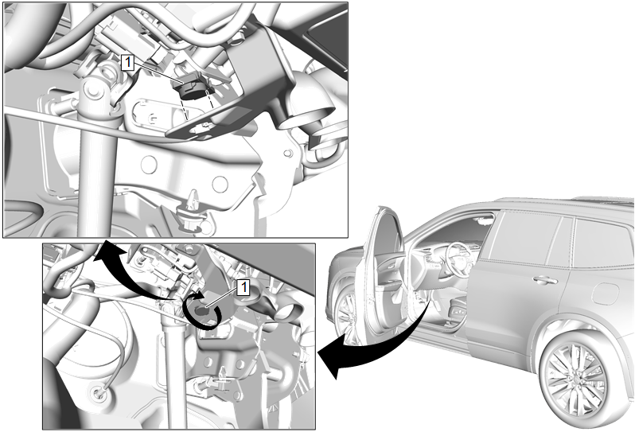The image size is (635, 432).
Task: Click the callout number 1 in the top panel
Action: pyautogui.click(x=127, y=63)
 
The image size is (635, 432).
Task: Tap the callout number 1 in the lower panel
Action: pyautogui.click(x=243, y=288)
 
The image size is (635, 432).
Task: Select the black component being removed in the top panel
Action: pyautogui.click(x=193, y=88)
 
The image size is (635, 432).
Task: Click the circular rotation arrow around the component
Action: pyautogui.click(x=201, y=312)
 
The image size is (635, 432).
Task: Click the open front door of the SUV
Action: pyautogui.click(x=383, y=275)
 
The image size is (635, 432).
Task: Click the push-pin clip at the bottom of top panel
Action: pyautogui.click(x=193, y=213)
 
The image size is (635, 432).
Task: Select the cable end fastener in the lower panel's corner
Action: pyautogui.click(x=99, y=393)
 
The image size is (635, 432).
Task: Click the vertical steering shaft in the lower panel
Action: pyautogui.click(x=175, y=372)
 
